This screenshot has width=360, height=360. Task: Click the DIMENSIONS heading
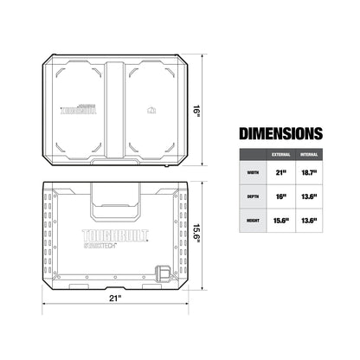tap(281, 133)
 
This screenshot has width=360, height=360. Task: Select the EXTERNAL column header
tap(281, 154)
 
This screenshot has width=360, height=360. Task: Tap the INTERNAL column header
tap(308, 154)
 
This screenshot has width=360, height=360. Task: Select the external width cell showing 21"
tap(281, 173)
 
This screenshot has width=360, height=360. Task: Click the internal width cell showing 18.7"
tap(308, 173)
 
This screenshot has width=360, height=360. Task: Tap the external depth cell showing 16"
tap(281, 197)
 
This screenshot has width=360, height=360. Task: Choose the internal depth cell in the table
tap(308, 197)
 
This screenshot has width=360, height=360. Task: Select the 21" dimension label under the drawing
tap(114, 299)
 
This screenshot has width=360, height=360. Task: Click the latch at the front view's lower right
tap(163, 271)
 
